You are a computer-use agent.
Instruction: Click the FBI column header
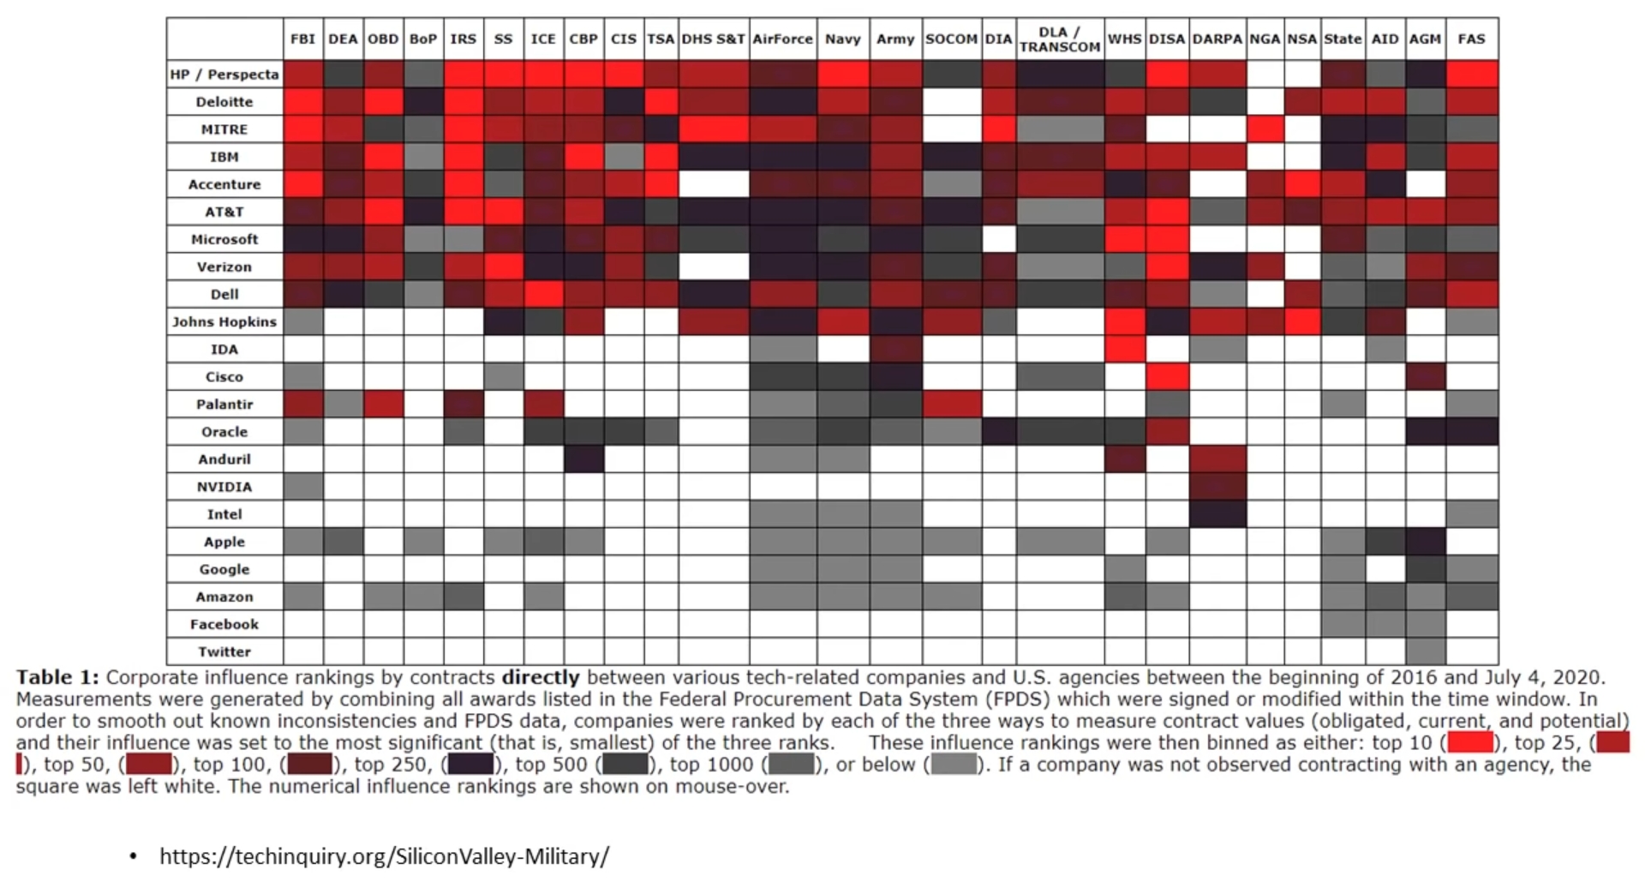tap(302, 39)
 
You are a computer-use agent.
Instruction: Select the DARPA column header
tap(1217, 39)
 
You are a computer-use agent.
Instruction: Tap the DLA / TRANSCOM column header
tap(1060, 39)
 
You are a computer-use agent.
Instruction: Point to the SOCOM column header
tap(951, 39)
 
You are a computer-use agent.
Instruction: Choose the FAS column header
tap(1471, 39)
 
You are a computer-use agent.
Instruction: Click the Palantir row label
tap(224, 405)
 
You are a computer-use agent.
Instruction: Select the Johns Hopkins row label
tap(224, 322)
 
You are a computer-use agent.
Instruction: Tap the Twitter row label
tap(224, 652)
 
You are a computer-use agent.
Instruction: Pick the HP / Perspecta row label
tap(224, 75)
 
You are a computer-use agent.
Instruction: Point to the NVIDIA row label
tap(224, 487)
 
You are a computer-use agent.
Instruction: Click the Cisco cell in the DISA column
tap(1167, 377)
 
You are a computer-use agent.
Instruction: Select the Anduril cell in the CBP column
tap(583, 459)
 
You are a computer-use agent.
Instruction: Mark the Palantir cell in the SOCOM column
tap(951, 405)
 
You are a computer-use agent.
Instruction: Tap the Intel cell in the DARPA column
tap(1217, 514)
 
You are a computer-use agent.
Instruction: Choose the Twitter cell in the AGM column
tap(1425, 652)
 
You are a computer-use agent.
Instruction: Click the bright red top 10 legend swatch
tap(1470, 742)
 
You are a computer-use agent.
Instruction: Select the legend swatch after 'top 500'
tap(625, 765)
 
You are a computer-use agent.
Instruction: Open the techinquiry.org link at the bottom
tap(384, 856)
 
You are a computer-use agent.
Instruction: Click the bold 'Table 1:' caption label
tap(57, 678)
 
